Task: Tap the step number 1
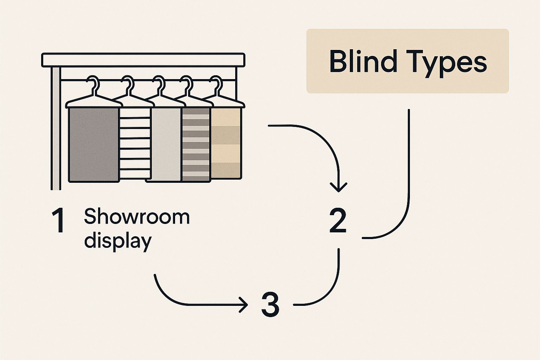point(58,220)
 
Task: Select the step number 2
point(338,221)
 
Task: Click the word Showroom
point(137,217)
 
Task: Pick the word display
point(118,241)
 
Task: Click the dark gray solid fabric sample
point(92,144)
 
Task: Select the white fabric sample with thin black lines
point(135,144)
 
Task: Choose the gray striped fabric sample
point(196,144)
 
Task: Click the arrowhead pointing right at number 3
point(243,304)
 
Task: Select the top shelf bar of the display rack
point(143,60)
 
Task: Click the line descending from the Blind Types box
point(409,158)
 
